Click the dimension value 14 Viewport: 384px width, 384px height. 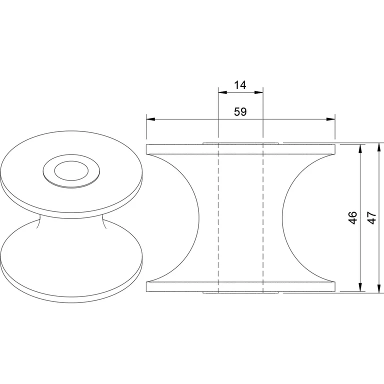coord(240,85)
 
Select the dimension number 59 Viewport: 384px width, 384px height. coord(240,112)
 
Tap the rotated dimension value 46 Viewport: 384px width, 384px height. coord(353,217)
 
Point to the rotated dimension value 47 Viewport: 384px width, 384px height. coord(371,217)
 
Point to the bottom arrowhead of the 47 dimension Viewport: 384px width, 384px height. coord(378,289)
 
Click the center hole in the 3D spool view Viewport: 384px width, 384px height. coord(70,171)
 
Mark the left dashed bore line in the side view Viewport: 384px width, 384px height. coord(218,217)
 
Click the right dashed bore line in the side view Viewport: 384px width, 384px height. coord(263,217)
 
